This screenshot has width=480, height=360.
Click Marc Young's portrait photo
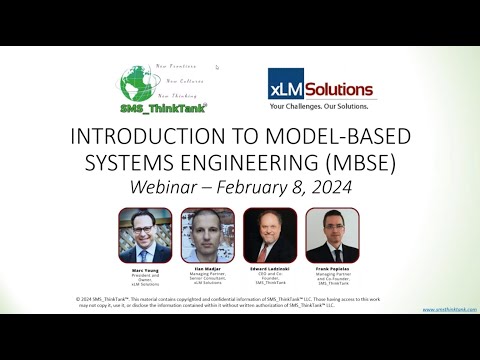coord(145,234)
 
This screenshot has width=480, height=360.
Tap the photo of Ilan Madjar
coord(207,234)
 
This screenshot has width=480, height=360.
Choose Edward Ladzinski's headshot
coord(270,234)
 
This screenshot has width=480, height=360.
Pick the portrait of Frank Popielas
coord(332,234)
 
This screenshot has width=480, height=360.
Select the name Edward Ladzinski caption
coord(270,268)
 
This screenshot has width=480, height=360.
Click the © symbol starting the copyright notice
coord(78,298)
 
